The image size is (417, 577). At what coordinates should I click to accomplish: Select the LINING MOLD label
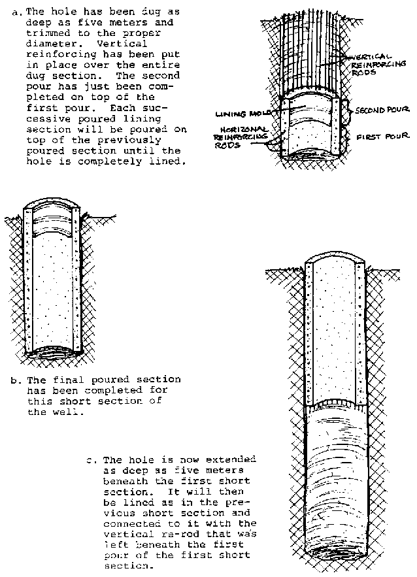[x=242, y=113]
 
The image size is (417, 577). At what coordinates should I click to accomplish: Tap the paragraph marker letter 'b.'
[x=15, y=380]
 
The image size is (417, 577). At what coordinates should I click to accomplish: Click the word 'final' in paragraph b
[x=61, y=380]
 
